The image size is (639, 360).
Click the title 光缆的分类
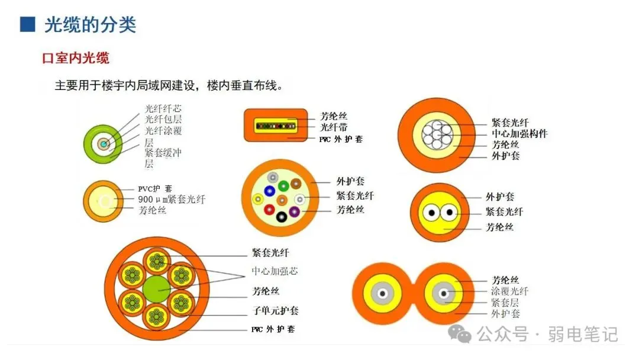pos(90,24)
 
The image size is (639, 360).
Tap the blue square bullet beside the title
pos(27,24)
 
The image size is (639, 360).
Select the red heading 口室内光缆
pos(76,58)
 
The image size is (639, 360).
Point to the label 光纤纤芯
pos(163,108)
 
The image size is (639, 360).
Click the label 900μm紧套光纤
pos(172,200)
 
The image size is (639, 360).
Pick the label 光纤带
pos(334,127)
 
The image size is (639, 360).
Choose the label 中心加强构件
pos(519,134)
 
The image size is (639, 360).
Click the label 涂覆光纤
pos(509,291)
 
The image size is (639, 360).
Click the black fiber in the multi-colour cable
pos(281,217)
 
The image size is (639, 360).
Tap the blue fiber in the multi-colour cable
pos(270,191)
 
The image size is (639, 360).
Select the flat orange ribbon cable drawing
pos(276,126)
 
